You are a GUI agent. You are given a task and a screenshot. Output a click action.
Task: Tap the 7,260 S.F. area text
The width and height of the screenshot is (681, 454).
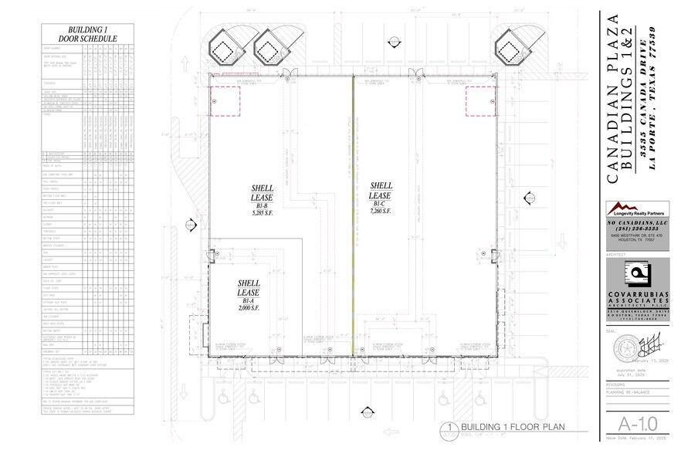tap(382, 210)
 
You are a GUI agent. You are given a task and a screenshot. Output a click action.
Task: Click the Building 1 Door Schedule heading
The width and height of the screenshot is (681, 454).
tap(87, 33)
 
